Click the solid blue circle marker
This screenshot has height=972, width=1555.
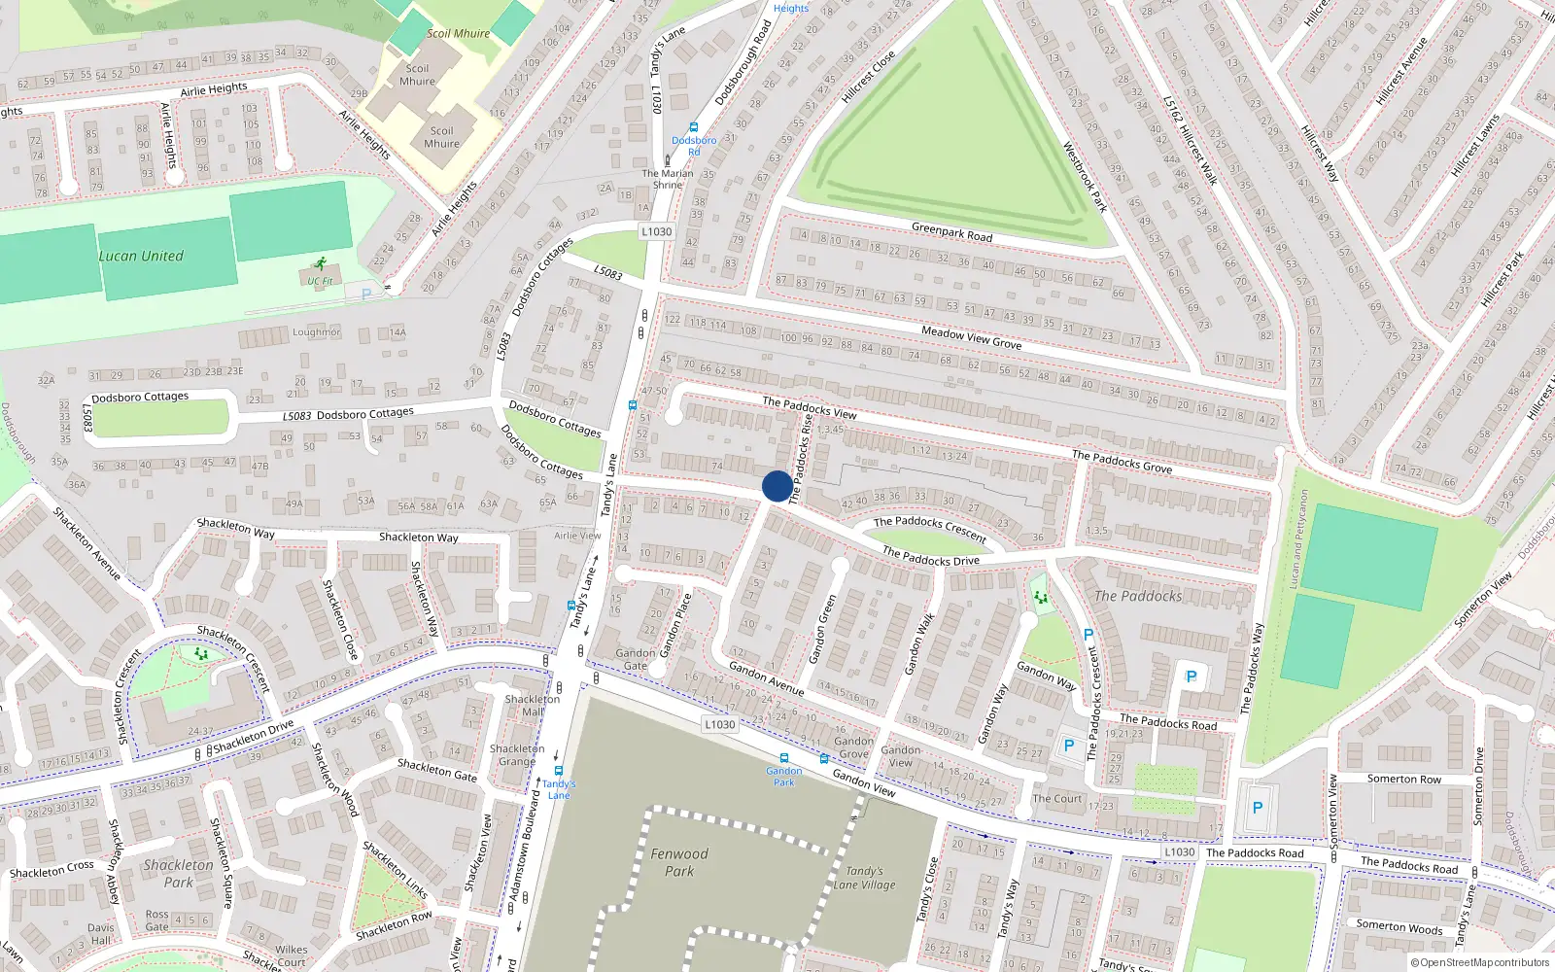coord(777,486)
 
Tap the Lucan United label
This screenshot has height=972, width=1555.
coord(141,257)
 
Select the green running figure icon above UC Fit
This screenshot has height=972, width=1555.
coord(320,263)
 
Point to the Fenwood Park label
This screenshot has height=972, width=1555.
coord(679,862)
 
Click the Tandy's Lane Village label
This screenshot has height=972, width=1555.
coord(864,878)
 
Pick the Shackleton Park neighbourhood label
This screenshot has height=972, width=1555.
coord(178,874)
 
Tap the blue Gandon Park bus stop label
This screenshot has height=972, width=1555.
coord(783,776)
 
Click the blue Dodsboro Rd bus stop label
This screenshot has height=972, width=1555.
coord(694,146)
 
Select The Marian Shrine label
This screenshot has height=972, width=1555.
coord(668,179)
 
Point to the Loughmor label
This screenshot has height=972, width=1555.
coord(317,332)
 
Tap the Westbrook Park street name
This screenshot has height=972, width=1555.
coord(1085,177)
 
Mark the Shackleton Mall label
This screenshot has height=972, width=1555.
coord(532,705)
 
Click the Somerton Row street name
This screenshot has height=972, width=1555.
coord(1403,779)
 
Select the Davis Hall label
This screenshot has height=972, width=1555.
coord(100,933)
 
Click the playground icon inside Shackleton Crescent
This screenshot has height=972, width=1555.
coord(201,655)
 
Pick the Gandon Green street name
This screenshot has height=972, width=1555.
coord(822,630)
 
